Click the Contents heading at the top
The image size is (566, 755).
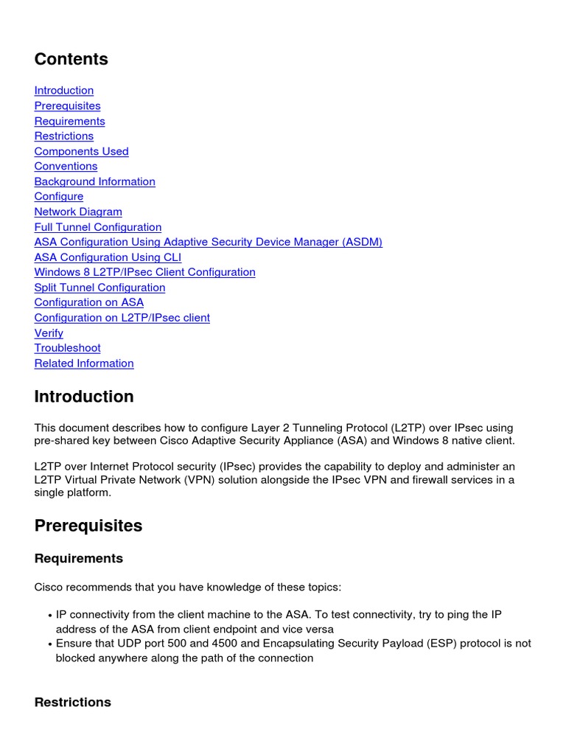coord(71,60)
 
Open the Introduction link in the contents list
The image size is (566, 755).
coord(64,91)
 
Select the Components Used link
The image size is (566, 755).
coord(81,151)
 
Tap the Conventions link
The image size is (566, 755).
coord(66,167)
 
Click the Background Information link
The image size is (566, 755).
coord(94,181)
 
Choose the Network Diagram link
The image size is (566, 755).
coord(78,212)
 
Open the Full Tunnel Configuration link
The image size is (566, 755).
coord(97,227)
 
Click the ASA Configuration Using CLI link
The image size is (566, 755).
coord(108,257)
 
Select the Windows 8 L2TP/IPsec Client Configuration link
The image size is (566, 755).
coord(144,272)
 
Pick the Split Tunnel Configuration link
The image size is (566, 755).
coord(99,288)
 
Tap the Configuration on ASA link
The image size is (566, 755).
coord(88,302)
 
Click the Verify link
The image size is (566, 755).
coord(49,333)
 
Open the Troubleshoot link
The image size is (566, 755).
coord(67,348)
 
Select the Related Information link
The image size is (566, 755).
coord(84,363)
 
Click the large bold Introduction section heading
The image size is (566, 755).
coord(84,397)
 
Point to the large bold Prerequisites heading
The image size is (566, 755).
coord(88,526)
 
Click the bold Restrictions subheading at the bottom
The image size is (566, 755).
coord(72,703)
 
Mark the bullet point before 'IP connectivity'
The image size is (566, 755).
coord(49,615)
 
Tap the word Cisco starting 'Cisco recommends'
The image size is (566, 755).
coord(50,588)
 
